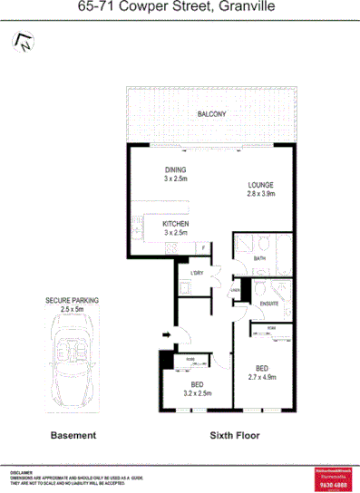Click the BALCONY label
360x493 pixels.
click(x=212, y=113)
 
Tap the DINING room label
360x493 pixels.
click(x=174, y=170)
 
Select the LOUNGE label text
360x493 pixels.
click(x=260, y=185)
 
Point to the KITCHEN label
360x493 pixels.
click(x=175, y=224)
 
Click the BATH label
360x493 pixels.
click(x=258, y=258)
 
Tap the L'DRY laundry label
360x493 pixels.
click(x=197, y=274)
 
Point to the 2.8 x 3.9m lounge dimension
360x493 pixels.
click(x=260, y=193)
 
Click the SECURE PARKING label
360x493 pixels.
click(x=72, y=300)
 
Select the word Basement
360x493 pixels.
click(x=73, y=435)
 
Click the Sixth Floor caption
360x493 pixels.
click(x=234, y=435)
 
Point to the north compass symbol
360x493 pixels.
click(x=22, y=40)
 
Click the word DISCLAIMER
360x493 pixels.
click(x=22, y=473)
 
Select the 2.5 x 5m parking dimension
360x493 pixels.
click(x=72, y=308)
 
